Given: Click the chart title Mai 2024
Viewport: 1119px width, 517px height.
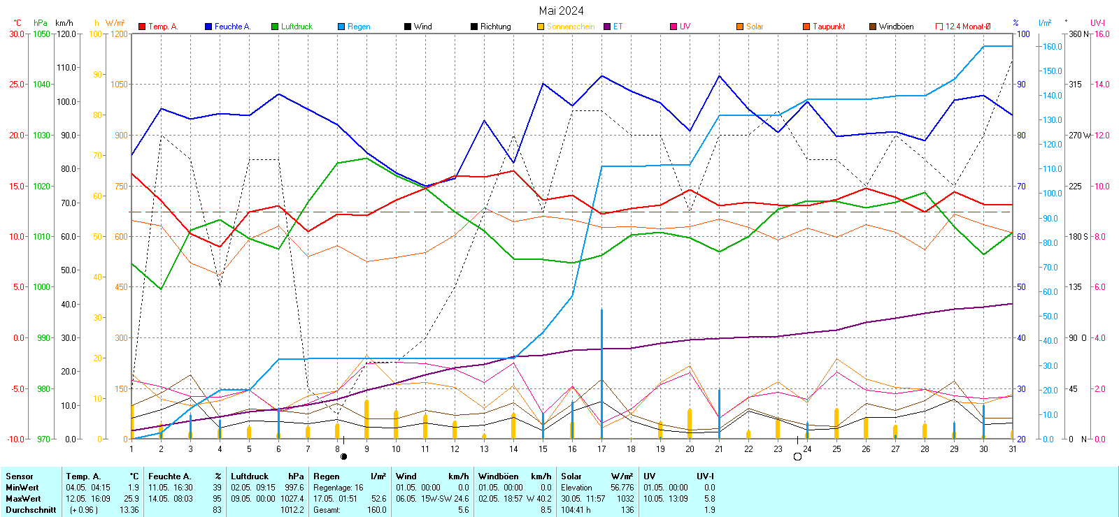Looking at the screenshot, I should (x=561, y=10).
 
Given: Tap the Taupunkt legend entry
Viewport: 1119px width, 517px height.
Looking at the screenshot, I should (x=828, y=27).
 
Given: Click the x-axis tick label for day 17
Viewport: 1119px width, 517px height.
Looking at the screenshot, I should (x=601, y=449).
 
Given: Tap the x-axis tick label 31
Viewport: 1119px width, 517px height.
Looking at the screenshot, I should (x=1012, y=449).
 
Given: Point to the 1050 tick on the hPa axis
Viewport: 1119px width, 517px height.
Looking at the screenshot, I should (x=41, y=34).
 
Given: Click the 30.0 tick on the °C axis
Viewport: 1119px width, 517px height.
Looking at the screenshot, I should (x=16, y=34).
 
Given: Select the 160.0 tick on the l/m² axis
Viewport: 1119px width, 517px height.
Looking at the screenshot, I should (x=1053, y=47).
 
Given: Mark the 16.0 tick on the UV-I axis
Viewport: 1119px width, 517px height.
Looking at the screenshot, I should (x=1102, y=34).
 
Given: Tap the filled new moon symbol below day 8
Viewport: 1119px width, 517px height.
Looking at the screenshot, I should (x=343, y=456).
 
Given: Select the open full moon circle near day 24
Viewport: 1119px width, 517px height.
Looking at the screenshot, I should (x=797, y=457).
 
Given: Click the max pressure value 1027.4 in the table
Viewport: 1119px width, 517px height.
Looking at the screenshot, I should (x=292, y=499).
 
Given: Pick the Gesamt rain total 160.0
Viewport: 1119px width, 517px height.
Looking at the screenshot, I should (x=376, y=510).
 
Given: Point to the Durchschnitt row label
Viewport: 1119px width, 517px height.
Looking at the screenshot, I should (x=31, y=510).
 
